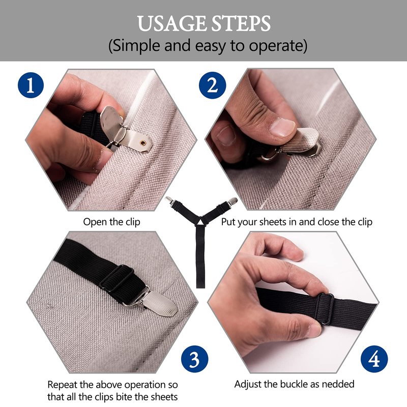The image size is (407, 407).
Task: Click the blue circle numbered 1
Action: pyautogui.click(x=31, y=85)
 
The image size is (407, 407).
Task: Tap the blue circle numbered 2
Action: pyautogui.click(x=212, y=85)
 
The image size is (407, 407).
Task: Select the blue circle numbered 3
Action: pyautogui.click(x=195, y=359)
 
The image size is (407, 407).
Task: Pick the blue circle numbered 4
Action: pyautogui.click(x=374, y=359)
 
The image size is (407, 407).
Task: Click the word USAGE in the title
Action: pyautogui.click(x=172, y=23)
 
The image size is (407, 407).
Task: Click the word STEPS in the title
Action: pyautogui.click(x=241, y=23)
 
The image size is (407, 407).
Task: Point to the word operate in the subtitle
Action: pyautogui.click(x=276, y=46)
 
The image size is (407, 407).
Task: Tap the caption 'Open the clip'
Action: pyautogui.click(x=111, y=222)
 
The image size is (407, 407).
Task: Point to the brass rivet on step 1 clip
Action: pyautogui.click(x=143, y=142)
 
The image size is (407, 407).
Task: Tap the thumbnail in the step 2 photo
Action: pyautogui.click(x=282, y=127)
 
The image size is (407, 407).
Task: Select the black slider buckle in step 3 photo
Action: pyautogui.click(x=117, y=278)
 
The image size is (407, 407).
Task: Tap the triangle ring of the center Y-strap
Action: pyautogui.click(x=201, y=222)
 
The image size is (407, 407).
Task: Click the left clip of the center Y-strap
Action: pyautogui.click(x=169, y=201)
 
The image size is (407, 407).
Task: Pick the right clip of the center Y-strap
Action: pyautogui.click(x=232, y=201)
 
